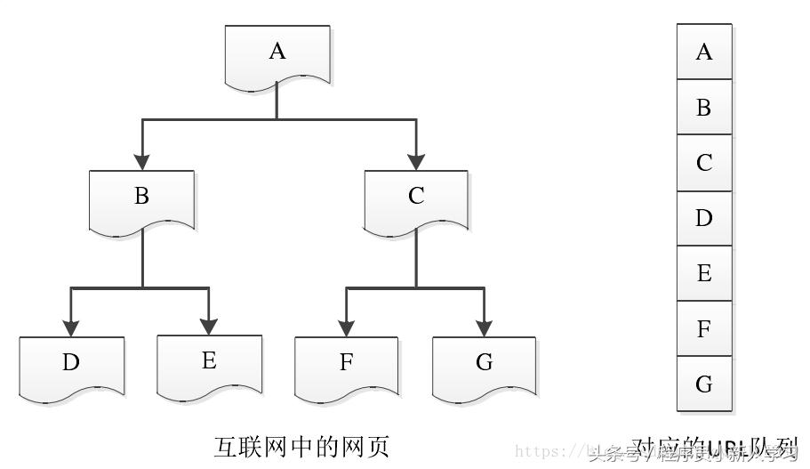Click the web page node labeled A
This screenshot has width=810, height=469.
tap(277, 55)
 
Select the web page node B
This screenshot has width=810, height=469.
tap(141, 200)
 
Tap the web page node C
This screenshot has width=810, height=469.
tap(416, 200)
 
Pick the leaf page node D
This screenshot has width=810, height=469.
tap(71, 365)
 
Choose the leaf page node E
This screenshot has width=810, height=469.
tap(209, 365)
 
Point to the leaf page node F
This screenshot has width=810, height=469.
tap(346, 365)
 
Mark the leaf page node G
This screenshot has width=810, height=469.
tap(484, 365)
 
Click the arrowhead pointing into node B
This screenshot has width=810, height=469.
tap(141, 161)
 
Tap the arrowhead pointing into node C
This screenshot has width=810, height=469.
tap(416, 161)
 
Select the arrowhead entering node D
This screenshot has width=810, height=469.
tap(71, 325)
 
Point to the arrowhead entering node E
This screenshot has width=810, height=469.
tap(209, 325)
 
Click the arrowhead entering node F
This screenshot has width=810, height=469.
tap(346, 325)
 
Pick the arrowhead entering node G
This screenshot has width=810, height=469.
tap(484, 325)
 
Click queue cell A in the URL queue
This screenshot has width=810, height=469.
tap(704, 52)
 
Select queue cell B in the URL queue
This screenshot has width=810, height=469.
tap(704, 108)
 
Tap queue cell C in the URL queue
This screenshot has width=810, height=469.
tap(704, 163)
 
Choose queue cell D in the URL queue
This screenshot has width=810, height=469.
tap(704, 218)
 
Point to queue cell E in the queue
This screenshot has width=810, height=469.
tap(704, 273)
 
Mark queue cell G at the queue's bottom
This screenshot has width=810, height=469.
tap(704, 384)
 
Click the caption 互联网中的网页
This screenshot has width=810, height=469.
tap(301, 445)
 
